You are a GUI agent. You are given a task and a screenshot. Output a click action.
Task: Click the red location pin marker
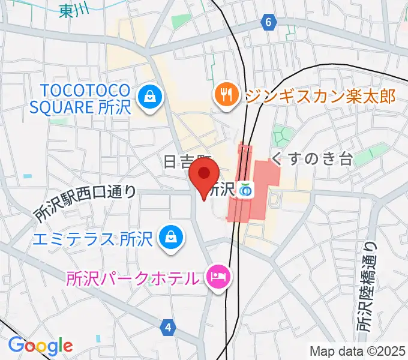[203, 175]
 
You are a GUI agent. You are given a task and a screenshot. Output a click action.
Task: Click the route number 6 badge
[269, 23]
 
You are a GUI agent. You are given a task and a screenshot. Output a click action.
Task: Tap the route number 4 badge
[169, 326]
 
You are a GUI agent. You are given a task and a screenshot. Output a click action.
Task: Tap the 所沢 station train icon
[245, 190]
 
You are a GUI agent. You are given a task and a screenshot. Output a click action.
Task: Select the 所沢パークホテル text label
[132, 278]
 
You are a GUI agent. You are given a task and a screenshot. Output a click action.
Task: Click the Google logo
[40, 345]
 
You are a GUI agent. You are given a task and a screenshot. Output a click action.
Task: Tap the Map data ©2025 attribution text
[358, 351]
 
